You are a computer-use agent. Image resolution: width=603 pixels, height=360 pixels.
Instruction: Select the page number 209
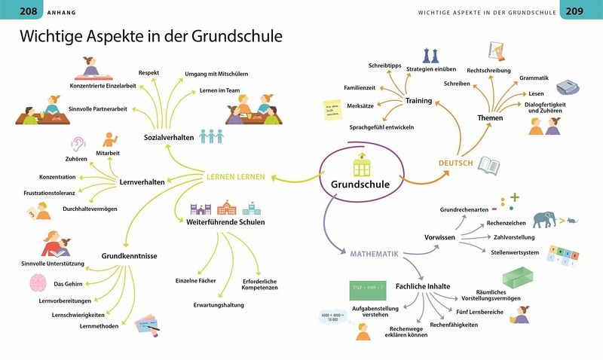(x=574, y=11)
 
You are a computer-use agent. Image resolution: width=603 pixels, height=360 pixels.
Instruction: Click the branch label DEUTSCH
(x=455, y=163)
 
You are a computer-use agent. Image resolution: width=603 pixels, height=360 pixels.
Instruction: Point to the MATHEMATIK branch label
(x=374, y=254)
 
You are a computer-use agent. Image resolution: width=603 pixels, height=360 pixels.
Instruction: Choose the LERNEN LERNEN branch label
(x=236, y=178)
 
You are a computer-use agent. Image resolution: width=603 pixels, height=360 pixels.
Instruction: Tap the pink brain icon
(x=38, y=283)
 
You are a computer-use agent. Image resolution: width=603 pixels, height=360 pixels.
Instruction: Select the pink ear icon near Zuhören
(x=78, y=143)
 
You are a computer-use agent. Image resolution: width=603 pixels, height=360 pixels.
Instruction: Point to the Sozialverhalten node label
(x=170, y=138)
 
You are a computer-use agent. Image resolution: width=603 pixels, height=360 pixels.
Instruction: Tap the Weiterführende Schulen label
(x=225, y=222)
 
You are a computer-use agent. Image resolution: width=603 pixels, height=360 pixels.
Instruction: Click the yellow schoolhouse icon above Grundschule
(x=361, y=162)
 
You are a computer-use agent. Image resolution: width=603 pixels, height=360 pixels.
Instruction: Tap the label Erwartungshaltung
(x=219, y=305)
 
